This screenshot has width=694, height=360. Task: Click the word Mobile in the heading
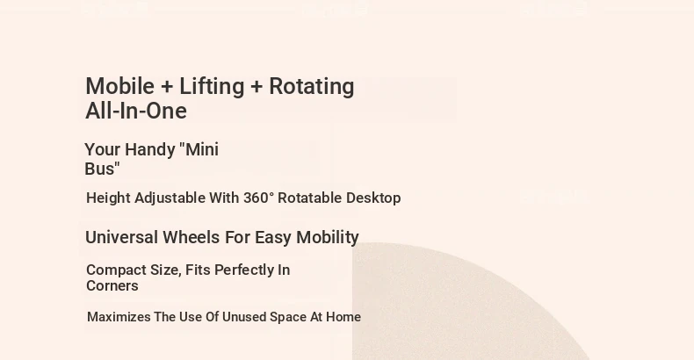click(x=119, y=86)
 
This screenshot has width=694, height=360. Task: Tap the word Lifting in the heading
click(x=212, y=87)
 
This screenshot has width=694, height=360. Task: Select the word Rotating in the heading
click(x=312, y=87)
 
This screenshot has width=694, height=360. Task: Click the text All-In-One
click(x=136, y=111)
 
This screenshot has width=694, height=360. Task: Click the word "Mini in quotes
click(x=199, y=149)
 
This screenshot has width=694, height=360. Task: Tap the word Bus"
click(x=102, y=169)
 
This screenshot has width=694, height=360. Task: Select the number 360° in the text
click(x=258, y=198)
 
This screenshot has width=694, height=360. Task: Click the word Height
click(x=108, y=198)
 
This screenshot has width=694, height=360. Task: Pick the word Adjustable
click(x=170, y=198)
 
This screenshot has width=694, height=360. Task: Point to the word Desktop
click(x=373, y=198)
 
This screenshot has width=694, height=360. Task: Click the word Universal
click(x=122, y=237)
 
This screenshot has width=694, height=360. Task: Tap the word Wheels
click(x=192, y=237)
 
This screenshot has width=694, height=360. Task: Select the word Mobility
click(x=328, y=238)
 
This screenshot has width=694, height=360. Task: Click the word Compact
click(x=117, y=270)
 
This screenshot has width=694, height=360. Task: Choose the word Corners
click(x=112, y=285)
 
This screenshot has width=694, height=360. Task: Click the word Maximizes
click(x=119, y=317)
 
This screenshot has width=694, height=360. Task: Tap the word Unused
click(x=244, y=317)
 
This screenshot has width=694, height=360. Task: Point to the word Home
click(x=343, y=317)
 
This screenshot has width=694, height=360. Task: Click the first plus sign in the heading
click(x=167, y=87)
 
